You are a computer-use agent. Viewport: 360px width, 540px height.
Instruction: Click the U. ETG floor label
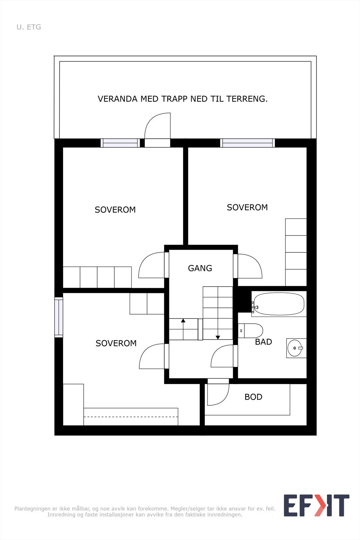click(29, 27)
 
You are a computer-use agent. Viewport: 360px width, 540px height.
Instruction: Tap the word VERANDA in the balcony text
click(117, 99)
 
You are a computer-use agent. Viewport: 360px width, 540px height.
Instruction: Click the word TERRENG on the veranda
click(247, 99)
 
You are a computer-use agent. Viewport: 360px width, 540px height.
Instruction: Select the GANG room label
click(200, 268)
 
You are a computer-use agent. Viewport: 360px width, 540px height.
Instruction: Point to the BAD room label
click(264, 342)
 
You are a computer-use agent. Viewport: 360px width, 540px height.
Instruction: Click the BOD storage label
click(253, 397)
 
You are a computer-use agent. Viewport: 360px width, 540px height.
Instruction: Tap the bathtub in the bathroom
click(279, 304)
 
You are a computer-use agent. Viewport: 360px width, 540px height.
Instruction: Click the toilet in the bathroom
click(250, 331)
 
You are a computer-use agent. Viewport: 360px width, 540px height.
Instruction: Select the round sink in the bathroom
click(295, 348)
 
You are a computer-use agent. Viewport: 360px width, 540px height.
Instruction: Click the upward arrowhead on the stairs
click(183, 321)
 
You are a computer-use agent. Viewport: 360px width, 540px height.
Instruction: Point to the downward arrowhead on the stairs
click(218, 337)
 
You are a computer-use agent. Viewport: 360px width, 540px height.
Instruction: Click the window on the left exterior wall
click(59, 317)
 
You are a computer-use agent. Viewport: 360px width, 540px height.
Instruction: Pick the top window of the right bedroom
click(247, 143)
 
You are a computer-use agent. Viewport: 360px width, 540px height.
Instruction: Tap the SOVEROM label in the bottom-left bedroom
click(116, 343)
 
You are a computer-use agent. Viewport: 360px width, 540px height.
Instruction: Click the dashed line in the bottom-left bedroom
click(131, 417)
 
